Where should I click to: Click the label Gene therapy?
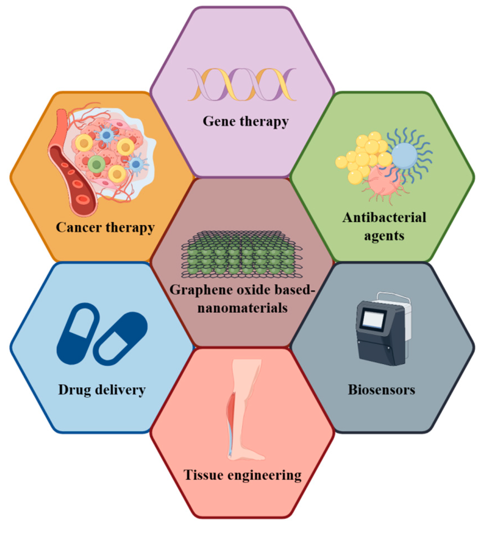(x=245, y=122)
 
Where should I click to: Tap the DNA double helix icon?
(x=242, y=84)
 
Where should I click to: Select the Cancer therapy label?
(x=105, y=227)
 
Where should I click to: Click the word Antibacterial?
(x=384, y=217)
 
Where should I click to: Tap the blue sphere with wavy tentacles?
(x=404, y=156)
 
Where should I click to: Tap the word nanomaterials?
(x=242, y=308)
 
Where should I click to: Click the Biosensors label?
(x=381, y=390)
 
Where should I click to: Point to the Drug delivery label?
(x=102, y=390)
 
